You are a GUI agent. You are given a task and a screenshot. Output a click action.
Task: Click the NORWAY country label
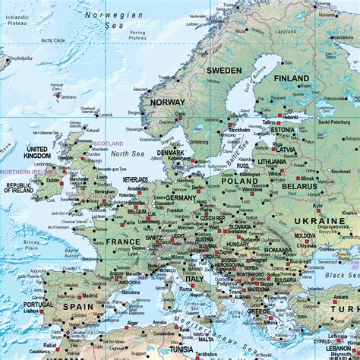tap(168, 102)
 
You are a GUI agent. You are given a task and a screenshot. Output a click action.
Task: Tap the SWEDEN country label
tap(225, 70)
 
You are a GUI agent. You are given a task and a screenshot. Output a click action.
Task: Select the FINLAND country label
tap(292, 78)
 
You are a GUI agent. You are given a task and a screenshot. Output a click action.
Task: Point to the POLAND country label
tap(241, 182)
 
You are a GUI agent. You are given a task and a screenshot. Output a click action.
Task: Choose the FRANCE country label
tap(123, 242)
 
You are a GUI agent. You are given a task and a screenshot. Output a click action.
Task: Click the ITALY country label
tap(195, 279)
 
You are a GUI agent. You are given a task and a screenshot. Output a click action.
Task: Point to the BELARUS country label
tap(298, 185)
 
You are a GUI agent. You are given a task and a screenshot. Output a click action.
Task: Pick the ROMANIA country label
tap(279, 250)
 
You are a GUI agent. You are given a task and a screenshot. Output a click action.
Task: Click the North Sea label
tap(122, 154)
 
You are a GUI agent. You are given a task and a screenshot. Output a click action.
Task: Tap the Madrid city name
tap(90, 295)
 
